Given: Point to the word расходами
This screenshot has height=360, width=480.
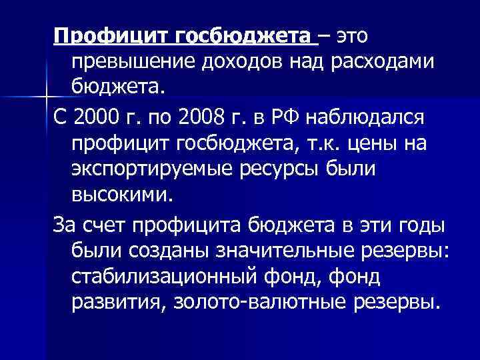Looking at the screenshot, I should pyautogui.click(x=377, y=61).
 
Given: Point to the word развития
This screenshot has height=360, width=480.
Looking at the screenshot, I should pyautogui.click(x=113, y=303).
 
